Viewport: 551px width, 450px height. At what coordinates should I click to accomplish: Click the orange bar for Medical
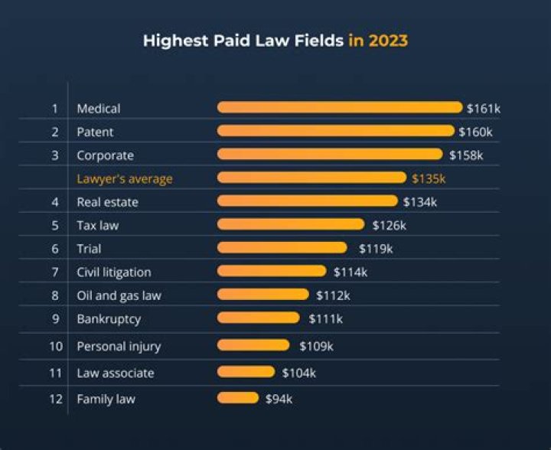(340, 108)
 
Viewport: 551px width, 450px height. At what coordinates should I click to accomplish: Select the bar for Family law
(238, 398)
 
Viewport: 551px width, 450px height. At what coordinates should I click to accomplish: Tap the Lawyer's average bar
(311, 178)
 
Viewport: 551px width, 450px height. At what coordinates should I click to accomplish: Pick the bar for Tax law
(291, 225)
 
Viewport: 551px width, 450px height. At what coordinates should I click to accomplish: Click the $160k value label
(475, 132)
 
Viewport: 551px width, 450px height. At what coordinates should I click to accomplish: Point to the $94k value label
(279, 399)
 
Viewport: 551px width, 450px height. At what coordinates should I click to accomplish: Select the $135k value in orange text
(428, 178)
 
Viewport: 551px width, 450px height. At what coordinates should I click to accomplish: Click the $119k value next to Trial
(376, 249)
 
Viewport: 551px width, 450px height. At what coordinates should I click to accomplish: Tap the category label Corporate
(105, 155)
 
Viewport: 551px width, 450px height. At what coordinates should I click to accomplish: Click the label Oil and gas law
(119, 295)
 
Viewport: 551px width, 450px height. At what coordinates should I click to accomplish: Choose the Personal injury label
(119, 346)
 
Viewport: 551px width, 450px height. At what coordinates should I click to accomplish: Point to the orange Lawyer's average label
(124, 178)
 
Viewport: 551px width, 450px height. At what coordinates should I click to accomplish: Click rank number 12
(55, 399)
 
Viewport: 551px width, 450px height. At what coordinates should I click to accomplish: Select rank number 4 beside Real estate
(55, 202)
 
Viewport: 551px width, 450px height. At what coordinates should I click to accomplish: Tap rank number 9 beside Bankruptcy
(55, 318)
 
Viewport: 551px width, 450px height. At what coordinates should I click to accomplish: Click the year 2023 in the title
(388, 41)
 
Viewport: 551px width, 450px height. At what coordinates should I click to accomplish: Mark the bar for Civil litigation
(272, 272)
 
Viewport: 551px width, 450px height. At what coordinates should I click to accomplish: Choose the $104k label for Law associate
(298, 373)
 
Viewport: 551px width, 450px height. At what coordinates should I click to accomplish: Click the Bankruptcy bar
(259, 318)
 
